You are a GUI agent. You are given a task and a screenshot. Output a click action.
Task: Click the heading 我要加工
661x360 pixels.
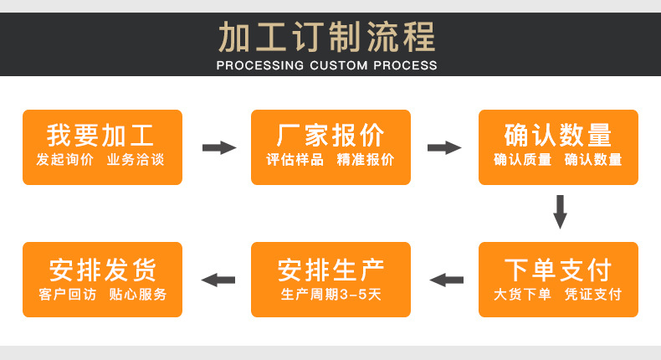click(100, 135)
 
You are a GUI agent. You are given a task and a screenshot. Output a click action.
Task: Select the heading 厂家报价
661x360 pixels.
click(330, 135)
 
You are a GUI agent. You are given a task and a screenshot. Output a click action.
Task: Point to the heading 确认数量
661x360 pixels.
click(558, 135)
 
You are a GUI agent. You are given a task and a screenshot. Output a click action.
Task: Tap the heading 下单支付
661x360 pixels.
click(558, 270)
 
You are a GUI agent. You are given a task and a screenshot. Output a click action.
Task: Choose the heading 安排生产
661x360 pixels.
click(330, 270)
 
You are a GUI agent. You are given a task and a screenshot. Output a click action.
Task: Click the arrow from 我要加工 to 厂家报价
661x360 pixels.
click(219, 147)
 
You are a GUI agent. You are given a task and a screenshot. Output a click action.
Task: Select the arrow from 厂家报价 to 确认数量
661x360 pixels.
click(444, 147)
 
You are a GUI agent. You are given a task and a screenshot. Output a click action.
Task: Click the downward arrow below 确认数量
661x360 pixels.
click(560, 212)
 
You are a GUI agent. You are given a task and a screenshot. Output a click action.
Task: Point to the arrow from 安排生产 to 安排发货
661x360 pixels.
click(218, 280)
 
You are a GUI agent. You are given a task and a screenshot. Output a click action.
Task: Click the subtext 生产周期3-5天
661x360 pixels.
click(330, 295)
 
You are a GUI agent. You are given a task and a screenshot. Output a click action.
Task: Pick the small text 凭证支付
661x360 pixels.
click(593, 295)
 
